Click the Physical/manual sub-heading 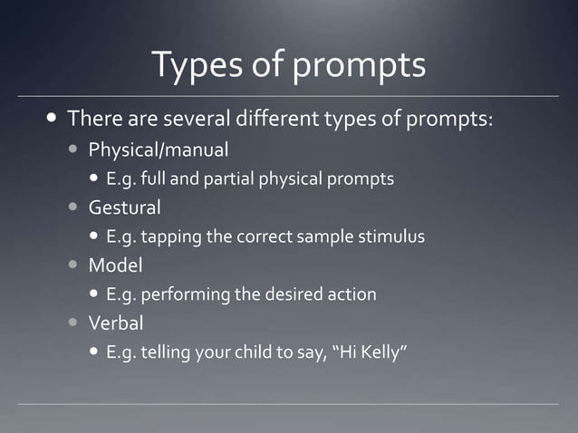158,149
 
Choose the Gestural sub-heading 124,207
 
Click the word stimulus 392,236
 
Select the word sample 326,236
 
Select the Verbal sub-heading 115,323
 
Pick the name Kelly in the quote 384,352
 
